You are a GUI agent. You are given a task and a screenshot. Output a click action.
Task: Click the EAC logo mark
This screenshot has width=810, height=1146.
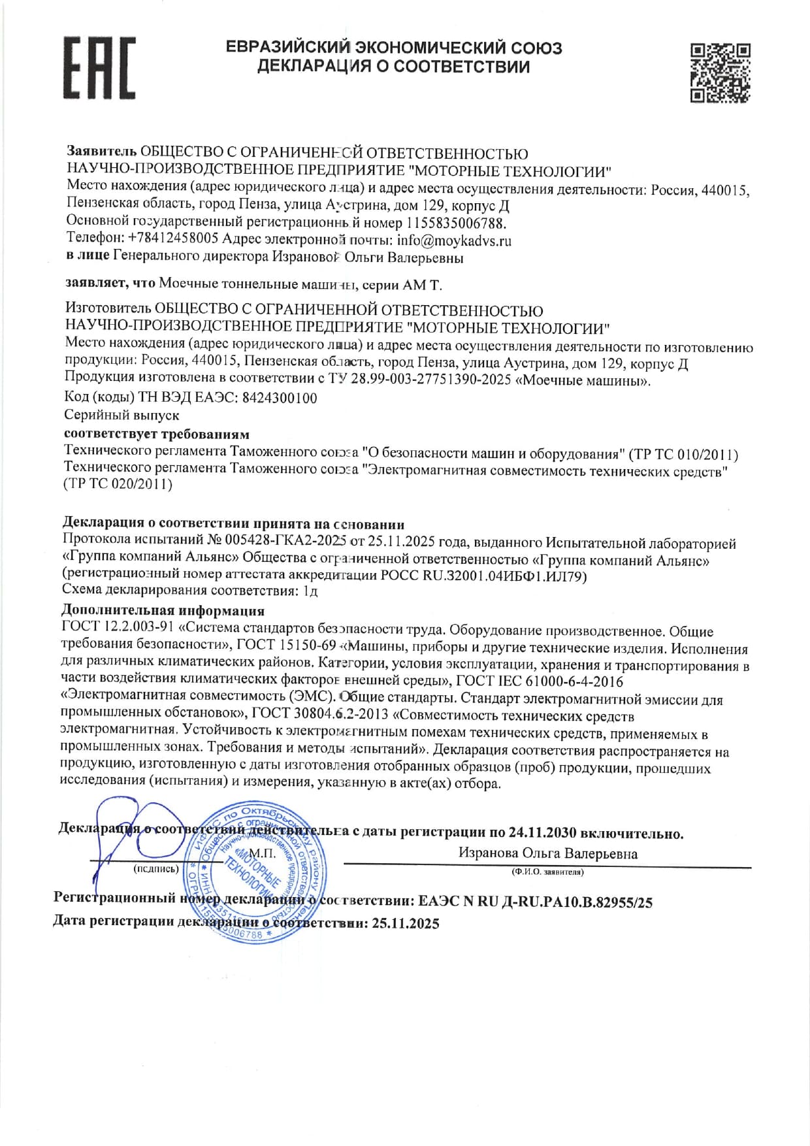pos(99,68)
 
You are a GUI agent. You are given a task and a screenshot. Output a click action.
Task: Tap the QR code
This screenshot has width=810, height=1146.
pos(721,73)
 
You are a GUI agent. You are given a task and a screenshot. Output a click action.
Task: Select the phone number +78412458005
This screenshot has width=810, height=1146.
pos(173,238)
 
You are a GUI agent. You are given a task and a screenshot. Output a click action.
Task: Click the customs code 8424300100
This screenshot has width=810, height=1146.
pos(279,398)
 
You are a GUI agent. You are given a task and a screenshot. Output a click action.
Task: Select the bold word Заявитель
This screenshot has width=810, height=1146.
pos(102,152)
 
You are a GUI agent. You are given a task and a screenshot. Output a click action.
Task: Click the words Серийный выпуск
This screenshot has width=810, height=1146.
pos(121,415)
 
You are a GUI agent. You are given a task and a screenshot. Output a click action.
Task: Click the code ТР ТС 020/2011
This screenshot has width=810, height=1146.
pos(118,484)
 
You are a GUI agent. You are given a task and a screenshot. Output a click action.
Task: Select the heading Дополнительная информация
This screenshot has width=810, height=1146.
pos(163,611)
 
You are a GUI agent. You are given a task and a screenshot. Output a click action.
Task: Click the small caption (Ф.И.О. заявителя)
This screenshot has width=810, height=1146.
pos(547,872)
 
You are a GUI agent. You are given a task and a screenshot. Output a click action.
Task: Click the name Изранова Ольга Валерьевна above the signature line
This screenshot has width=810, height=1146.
pos(547,853)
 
